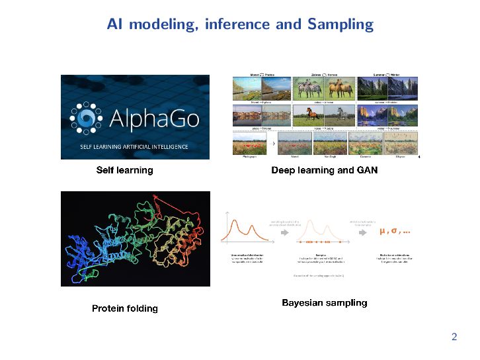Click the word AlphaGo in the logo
click(156, 117)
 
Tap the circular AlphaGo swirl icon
click(86, 117)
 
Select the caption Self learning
click(124, 170)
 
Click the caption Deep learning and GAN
click(324, 170)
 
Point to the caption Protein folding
click(125, 308)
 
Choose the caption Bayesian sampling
click(324, 303)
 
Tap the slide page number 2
click(454, 337)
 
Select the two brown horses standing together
click(337, 89)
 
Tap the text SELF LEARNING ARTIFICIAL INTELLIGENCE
click(134, 146)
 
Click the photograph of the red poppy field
click(249, 144)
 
